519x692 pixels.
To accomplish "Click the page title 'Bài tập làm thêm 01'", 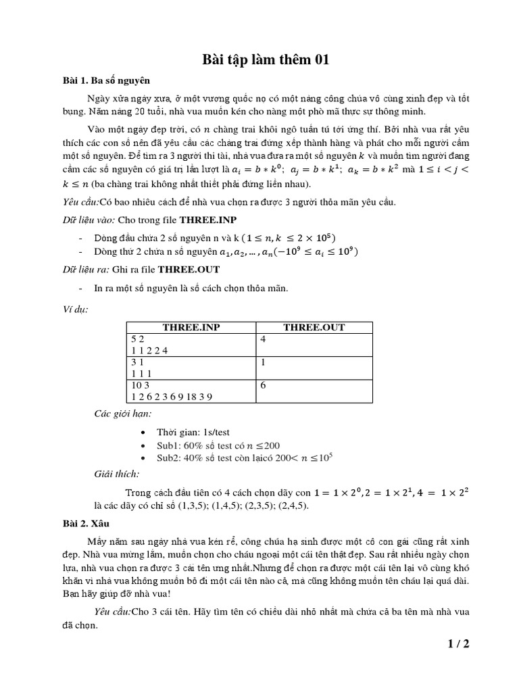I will pos(266,60).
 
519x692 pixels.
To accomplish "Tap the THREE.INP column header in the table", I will pos(191,327).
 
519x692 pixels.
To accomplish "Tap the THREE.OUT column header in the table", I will pos(314,327).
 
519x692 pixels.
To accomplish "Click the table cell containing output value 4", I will pos(314,345).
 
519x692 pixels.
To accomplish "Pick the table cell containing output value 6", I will pos(314,391).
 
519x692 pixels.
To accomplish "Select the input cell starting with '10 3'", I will pos(191,391).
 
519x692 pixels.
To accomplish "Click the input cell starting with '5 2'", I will pos(191,345).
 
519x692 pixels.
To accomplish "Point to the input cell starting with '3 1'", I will pos(191,368).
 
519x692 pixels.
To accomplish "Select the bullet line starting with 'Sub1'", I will pos(218,445).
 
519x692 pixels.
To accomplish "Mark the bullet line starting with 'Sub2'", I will pos(245,458).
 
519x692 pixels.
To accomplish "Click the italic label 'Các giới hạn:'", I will pos(122,414).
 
